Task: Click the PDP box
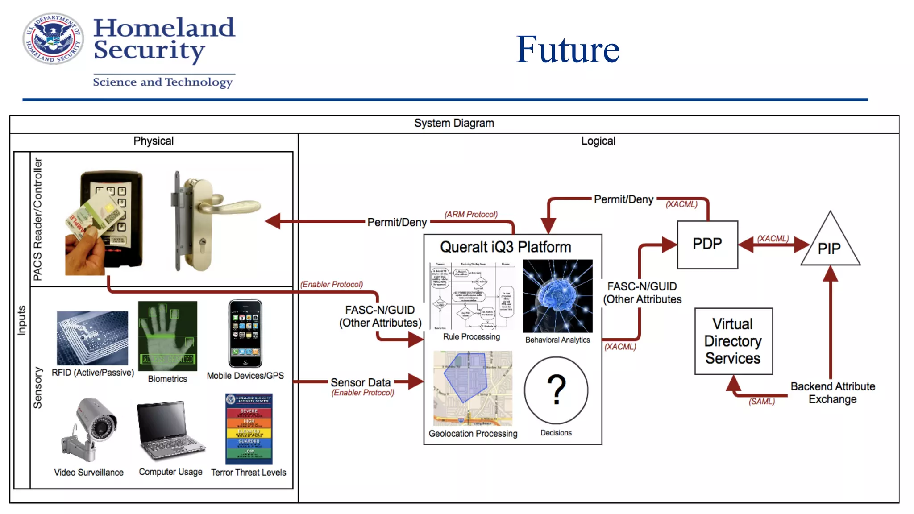point(707,245)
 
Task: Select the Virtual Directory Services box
point(733,341)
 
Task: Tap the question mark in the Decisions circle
point(556,390)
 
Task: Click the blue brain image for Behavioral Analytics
point(558,296)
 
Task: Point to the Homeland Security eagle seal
point(53,38)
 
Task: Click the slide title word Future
point(567,50)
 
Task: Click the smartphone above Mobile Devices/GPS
point(245,333)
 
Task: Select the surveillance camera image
point(91,429)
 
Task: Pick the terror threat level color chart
point(249,429)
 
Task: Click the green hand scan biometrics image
point(167,336)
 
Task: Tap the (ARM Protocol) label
point(470,215)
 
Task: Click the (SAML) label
point(761,402)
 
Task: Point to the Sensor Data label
point(360,382)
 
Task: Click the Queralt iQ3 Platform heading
point(505,247)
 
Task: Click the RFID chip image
point(92,338)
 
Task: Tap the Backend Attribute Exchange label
point(832,393)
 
